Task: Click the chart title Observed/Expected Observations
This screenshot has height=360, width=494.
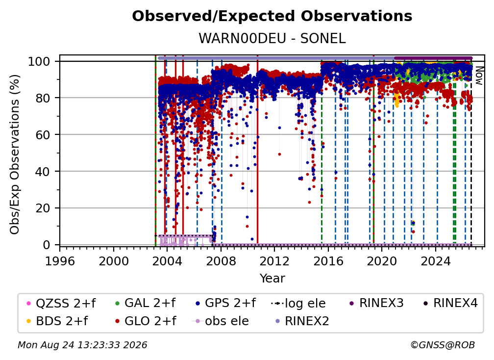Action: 272,16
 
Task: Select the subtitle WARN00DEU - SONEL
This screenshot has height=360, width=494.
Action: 272,38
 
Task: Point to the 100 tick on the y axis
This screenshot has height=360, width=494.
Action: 44,61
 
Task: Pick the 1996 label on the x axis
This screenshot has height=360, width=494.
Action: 60,261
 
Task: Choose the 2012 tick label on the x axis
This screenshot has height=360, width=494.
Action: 274,261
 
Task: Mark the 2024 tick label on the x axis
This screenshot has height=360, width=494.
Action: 436,261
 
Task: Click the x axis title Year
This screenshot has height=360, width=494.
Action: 272,278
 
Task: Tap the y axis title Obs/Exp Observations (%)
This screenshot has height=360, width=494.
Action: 15,154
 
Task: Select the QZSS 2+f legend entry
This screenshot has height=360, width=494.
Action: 61,303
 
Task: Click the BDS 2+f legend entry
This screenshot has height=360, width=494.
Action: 57,321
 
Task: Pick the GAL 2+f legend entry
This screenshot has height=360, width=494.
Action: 145,303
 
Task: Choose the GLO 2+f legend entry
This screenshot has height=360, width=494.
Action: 146,321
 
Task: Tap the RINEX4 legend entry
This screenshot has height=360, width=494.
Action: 450,303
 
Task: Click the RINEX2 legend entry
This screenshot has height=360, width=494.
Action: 302,321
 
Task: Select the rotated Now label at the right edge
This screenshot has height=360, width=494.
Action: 479,76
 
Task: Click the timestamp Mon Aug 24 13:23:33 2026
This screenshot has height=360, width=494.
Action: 82,345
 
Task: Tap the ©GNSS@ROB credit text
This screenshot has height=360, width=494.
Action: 443,345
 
